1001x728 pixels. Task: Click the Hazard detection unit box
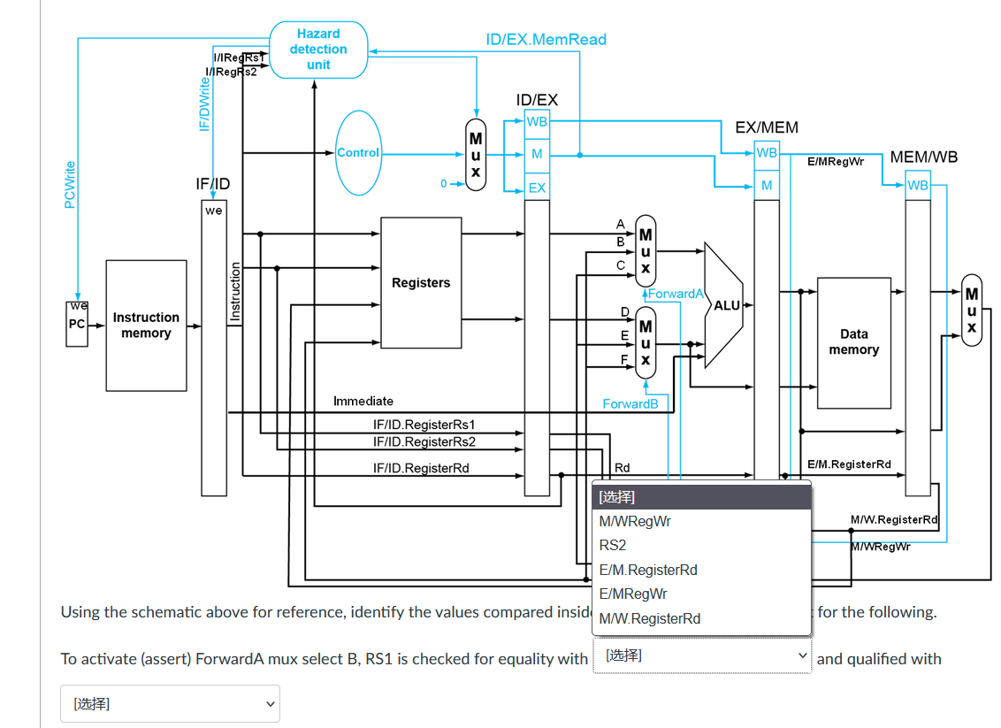coord(318,50)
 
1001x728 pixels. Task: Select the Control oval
coord(358,153)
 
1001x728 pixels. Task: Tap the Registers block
coord(421,282)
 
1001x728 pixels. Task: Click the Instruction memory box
coord(146,325)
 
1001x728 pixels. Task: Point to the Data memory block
coord(854,342)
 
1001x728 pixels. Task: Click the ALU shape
coord(723,305)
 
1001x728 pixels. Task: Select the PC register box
coord(77,324)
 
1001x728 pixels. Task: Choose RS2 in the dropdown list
coord(613,546)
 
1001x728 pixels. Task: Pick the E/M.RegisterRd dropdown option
coord(648,570)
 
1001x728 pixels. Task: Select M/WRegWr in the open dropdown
coord(635,521)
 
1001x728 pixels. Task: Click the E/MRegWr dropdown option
coord(633,594)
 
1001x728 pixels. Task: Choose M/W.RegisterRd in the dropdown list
coord(650,619)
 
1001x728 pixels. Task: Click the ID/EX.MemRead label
coord(546,40)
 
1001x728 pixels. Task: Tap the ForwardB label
coord(630,403)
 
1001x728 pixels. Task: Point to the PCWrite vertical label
coord(70,185)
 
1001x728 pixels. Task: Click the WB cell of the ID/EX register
coord(537,121)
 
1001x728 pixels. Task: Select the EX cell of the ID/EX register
coord(537,188)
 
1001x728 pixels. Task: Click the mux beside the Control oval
coord(476,155)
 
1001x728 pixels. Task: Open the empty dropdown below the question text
coord(170,704)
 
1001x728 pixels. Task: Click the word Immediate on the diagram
coord(363,401)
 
